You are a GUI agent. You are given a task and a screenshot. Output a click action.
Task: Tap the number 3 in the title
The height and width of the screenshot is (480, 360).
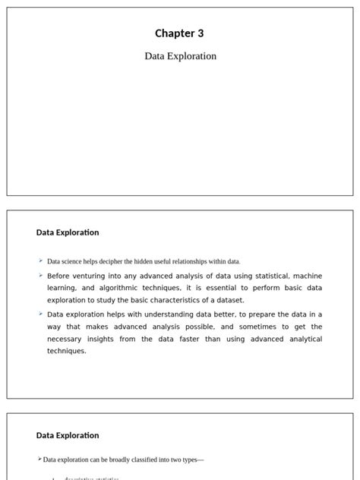pyautogui.click(x=201, y=33)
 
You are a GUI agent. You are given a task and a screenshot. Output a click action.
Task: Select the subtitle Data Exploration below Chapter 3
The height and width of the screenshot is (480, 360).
pyautogui.click(x=180, y=56)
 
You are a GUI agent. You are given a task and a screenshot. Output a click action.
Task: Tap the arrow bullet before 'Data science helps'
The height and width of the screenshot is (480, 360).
pyautogui.click(x=40, y=261)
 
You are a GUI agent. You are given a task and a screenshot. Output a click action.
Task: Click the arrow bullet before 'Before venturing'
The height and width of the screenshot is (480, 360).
pyautogui.click(x=40, y=275)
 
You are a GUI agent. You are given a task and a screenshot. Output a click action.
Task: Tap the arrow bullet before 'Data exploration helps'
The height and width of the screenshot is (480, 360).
pyautogui.click(x=40, y=313)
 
